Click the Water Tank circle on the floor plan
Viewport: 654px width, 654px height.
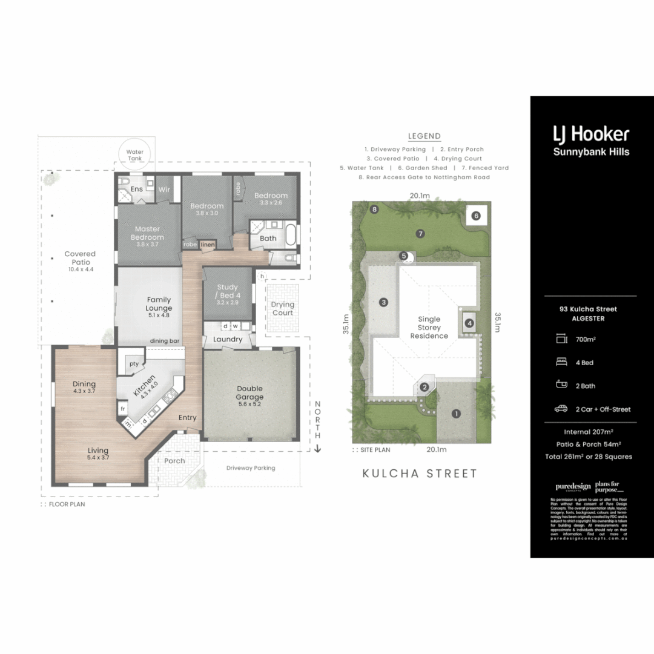[x=134, y=155]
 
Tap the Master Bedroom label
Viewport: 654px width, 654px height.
[x=148, y=233]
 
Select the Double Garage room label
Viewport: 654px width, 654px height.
[x=249, y=393]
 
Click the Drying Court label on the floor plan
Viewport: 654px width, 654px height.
[x=282, y=308]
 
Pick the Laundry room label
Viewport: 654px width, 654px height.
[x=228, y=340]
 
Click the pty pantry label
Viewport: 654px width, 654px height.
[x=134, y=364]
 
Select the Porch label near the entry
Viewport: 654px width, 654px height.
[x=175, y=461]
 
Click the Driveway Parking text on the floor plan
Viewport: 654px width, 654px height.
[x=251, y=468]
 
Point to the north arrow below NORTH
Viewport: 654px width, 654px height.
[x=317, y=449]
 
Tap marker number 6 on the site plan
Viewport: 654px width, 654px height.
[x=476, y=216]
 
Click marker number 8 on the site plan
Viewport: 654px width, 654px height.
[x=375, y=210]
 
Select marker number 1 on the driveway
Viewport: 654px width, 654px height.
[x=456, y=414]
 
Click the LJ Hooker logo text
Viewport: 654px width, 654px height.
[x=591, y=134]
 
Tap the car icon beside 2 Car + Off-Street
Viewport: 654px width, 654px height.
[x=561, y=409]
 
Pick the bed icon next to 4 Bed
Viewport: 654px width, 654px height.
[x=561, y=362]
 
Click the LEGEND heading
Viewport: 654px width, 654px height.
[x=424, y=136]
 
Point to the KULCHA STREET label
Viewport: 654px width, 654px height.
[x=420, y=474]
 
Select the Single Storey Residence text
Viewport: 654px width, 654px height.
[x=429, y=327]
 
